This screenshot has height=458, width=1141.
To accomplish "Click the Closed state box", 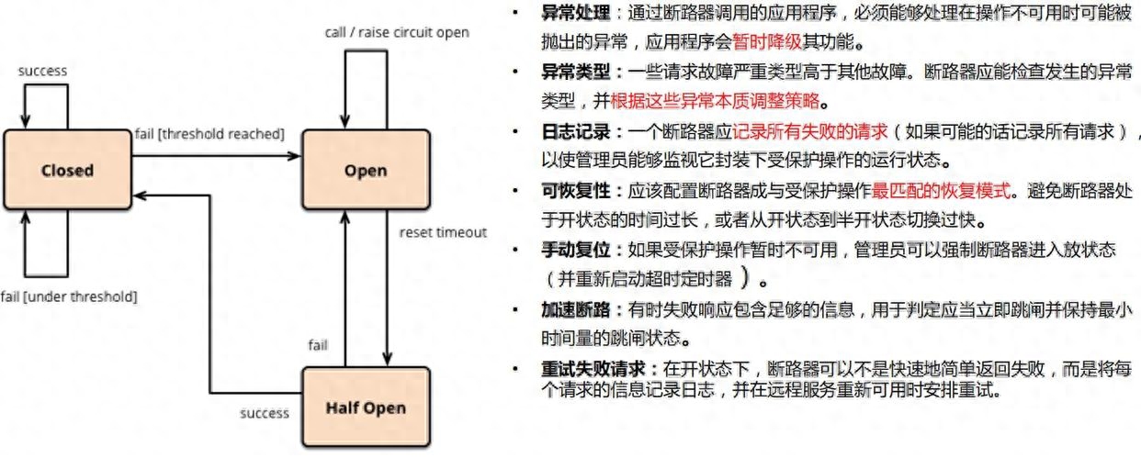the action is point(67,170).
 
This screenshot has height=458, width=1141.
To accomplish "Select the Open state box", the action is point(366,170).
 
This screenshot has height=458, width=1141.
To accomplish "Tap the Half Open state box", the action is point(366,408).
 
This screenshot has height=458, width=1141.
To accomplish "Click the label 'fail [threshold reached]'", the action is point(209,134).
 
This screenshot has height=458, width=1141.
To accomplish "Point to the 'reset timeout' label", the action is point(443,232).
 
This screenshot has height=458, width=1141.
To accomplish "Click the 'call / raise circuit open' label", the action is point(397,32).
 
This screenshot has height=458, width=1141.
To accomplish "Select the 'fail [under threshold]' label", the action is point(69,296).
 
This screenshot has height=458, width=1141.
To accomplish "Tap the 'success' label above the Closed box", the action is point(42,71).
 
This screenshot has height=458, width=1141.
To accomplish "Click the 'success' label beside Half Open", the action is point(265,413).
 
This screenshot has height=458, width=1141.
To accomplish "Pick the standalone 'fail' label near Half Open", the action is point(318,345).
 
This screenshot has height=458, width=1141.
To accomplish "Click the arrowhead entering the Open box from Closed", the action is point(295,156).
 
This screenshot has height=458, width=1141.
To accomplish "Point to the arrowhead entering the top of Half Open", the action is point(387,360).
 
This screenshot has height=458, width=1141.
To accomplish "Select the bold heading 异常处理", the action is point(576,13).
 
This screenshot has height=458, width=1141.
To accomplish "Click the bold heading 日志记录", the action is point(576,132).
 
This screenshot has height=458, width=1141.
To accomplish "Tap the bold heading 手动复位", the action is point(576,250).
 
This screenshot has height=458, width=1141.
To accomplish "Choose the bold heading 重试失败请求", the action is point(593,369).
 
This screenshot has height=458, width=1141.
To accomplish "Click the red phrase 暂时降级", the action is point(766,41).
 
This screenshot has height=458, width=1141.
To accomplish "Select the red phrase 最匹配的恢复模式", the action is point(941,191).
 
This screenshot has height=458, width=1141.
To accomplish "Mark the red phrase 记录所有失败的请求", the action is point(810,132).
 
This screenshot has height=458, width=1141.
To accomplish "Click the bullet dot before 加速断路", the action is point(515,309).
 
